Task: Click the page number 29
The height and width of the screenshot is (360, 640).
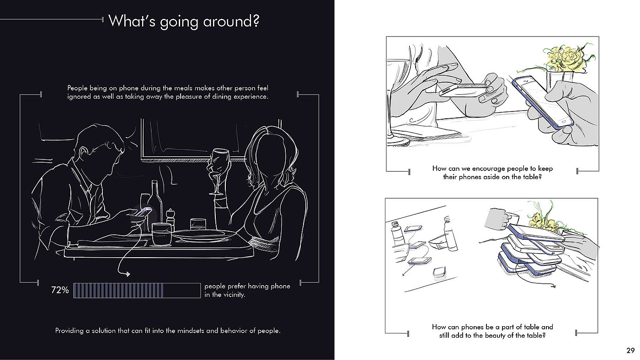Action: point(630,350)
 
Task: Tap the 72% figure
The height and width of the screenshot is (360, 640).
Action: point(60,290)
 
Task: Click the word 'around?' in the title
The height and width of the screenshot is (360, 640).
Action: point(231,21)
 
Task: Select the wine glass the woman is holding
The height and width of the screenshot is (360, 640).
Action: point(219,171)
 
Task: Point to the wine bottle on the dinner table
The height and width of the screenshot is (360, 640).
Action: point(155,204)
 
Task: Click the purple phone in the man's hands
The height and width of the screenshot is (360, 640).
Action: point(144,212)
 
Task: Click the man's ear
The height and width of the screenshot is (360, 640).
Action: point(83,154)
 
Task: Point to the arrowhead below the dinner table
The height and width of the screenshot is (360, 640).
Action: point(127,274)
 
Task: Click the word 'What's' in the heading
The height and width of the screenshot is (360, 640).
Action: point(132,21)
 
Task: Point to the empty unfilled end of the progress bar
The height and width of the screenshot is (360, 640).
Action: point(182,291)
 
